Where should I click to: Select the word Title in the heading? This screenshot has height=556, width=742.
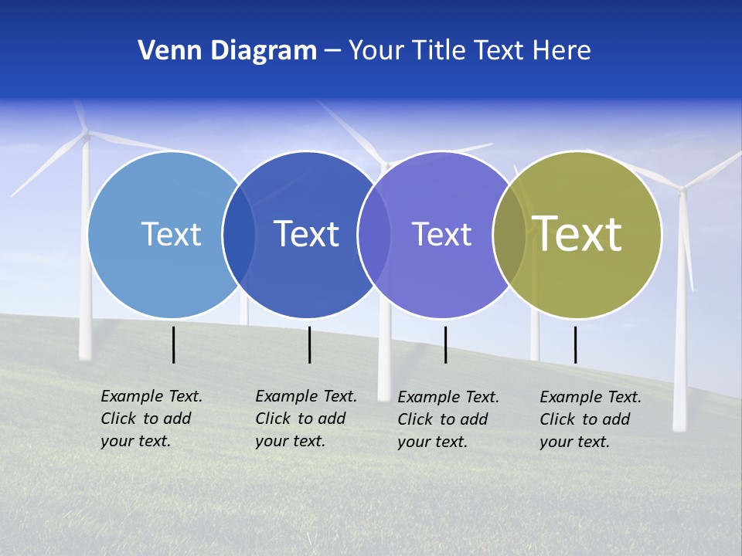tap(440, 51)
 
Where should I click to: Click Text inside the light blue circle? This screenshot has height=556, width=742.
tap(171, 234)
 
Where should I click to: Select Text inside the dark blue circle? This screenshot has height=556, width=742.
tap(306, 234)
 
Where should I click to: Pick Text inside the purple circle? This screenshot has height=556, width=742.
tap(441, 234)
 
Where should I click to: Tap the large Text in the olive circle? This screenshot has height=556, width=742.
tap(577, 233)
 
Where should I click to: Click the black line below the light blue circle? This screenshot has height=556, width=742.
tap(173, 344)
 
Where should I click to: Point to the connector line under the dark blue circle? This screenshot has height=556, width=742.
tap(309, 344)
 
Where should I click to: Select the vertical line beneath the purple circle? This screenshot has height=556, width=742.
tap(445, 344)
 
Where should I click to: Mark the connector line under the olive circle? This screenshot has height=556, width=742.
tap(575, 344)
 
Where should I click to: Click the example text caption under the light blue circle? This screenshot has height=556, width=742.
tap(151, 419)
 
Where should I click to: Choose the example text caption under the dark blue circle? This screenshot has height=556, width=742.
tap(306, 419)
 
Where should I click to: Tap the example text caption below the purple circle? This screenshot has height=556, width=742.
tap(448, 419)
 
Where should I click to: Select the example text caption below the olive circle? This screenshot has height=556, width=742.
tap(591, 419)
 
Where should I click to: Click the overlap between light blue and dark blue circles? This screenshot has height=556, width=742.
tap(239, 235)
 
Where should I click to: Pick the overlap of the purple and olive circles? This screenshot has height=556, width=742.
tap(509, 235)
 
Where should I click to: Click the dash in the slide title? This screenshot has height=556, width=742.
tap(332, 51)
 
